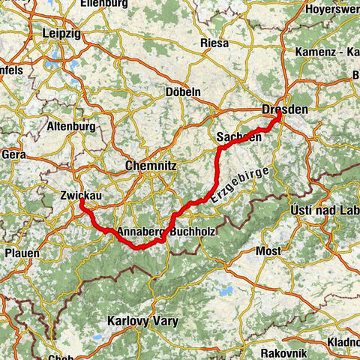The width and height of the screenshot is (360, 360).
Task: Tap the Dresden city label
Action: coord(284,110)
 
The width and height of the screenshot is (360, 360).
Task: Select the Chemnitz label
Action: coord(152,165)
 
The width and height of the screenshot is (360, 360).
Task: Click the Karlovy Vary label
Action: coord(142,321)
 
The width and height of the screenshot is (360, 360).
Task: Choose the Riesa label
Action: coord(214,43)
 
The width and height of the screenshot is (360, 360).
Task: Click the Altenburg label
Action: coord(72,127)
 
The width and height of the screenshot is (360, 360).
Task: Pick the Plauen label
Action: coord(22,253)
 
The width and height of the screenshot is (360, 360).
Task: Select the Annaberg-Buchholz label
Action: coord(166,232)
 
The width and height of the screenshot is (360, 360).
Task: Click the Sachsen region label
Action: coord(238,137)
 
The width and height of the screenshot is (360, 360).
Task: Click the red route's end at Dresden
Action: coord(279,115)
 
